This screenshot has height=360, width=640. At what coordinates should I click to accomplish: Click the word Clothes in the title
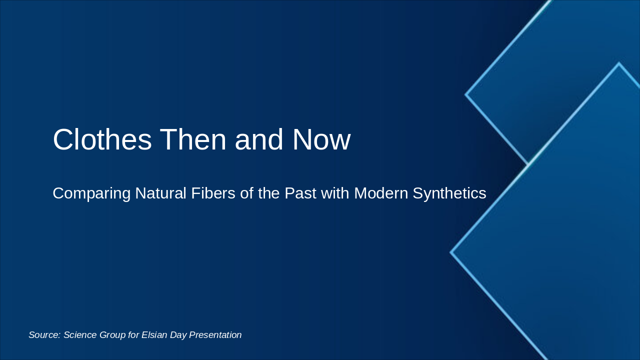pos(102,139)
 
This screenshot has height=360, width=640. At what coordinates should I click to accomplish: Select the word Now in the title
pos(321,139)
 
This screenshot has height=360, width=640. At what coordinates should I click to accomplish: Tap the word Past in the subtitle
pos(300,193)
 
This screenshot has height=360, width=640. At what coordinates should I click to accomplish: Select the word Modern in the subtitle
pos(380,193)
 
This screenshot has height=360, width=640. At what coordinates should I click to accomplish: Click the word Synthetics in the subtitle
pos(449,193)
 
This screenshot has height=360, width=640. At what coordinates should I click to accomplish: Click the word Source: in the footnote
pos(44,335)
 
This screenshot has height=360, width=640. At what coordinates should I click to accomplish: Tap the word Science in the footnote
pos(80,335)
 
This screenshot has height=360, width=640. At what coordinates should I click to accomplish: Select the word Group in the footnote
pos(112,335)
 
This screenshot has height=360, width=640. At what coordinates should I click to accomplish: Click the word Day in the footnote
pos(178,335)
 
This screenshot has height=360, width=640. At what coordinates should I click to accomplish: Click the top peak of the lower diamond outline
pos(619,63)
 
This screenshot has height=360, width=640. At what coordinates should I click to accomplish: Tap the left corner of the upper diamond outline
pos(466,94)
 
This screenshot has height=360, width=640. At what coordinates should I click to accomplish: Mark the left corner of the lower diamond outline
pos(451,252)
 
